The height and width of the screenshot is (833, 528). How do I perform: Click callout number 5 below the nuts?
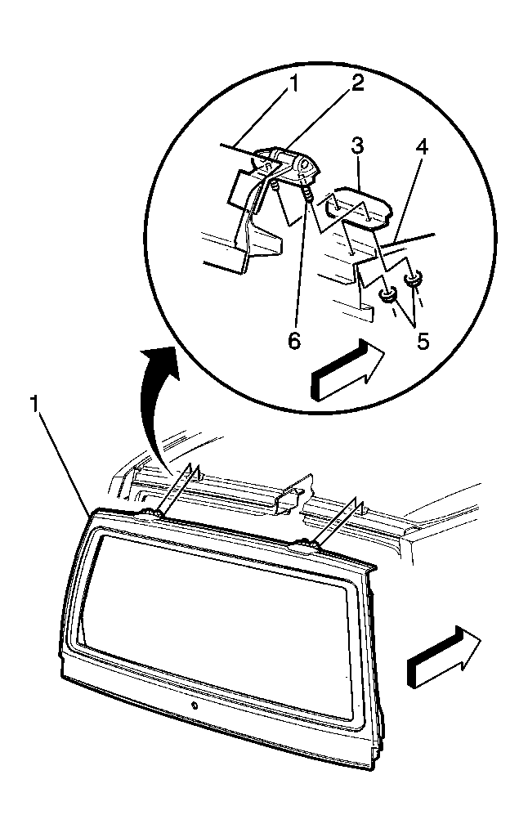click(x=423, y=341)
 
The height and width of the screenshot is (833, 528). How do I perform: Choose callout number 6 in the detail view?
click(x=294, y=341)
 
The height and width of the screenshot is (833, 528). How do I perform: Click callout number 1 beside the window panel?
click(x=35, y=405)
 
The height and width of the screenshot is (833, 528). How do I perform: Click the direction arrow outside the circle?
click(x=445, y=656)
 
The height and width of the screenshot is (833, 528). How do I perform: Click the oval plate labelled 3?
click(x=356, y=205)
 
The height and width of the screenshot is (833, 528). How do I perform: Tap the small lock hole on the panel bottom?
click(x=195, y=706)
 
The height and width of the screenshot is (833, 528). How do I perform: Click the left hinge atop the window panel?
click(x=151, y=512)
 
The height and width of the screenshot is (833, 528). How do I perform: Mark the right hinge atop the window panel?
click(x=303, y=544)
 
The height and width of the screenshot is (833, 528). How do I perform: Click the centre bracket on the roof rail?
click(x=290, y=493)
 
